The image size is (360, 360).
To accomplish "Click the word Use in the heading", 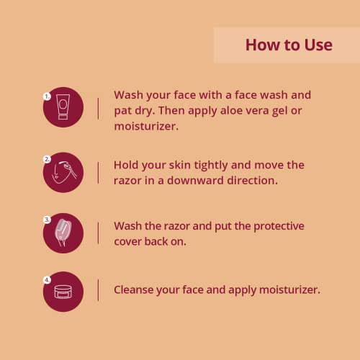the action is pyautogui.click(x=319, y=45).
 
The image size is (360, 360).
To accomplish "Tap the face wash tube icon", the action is pyautogui.click(x=63, y=107).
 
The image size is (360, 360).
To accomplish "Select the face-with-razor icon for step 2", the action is pyautogui.click(x=64, y=172).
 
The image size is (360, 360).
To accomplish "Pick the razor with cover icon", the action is pyautogui.click(x=63, y=233).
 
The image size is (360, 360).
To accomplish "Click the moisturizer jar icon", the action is pyautogui.click(x=63, y=292).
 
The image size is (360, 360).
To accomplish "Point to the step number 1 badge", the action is pyautogui.click(x=47, y=96).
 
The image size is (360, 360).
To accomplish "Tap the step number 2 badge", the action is pyautogui.click(x=47, y=159).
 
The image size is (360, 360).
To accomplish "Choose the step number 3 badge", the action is pyautogui.click(x=47, y=220).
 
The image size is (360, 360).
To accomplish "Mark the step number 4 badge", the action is pyautogui.click(x=47, y=280).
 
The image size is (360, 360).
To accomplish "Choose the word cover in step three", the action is pyautogui.click(x=127, y=242).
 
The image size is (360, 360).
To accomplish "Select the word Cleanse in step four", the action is pyautogui.click(x=133, y=289).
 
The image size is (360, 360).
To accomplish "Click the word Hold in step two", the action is pyautogui.click(x=126, y=165).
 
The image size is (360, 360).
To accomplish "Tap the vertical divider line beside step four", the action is pyautogui.click(x=98, y=289).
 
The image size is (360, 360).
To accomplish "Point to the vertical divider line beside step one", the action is pyautogui.click(x=98, y=109).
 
